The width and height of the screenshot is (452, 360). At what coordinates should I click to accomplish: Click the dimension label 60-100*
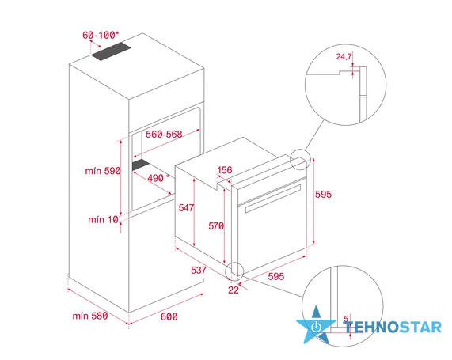(x=101, y=35)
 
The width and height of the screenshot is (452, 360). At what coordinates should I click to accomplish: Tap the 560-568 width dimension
(x=164, y=134)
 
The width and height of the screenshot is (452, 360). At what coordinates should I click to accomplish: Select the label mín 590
(x=103, y=171)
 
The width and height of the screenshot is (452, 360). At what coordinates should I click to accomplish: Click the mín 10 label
(x=103, y=220)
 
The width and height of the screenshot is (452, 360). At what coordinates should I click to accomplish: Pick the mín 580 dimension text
(x=90, y=316)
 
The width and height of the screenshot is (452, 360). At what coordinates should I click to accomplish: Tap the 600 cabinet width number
(x=169, y=316)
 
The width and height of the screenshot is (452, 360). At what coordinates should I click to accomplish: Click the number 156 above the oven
(x=225, y=170)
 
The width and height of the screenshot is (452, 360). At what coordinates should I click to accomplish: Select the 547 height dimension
(x=186, y=207)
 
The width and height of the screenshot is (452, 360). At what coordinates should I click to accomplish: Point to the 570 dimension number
(x=216, y=226)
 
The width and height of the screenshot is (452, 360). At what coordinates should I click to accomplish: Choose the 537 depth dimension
(x=199, y=270)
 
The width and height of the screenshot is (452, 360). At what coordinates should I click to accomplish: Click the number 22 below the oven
(x=234, y=290)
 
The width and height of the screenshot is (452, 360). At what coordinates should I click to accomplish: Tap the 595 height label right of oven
(x=323, y=194)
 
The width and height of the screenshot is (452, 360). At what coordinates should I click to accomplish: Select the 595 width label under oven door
(x=276, y=276)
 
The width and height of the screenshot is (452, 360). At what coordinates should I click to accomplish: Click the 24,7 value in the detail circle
(x=344, y=56)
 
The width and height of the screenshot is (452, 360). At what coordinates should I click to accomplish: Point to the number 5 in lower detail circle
(x=346, y=319)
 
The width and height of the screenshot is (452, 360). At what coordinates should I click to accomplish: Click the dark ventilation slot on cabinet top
(x=112, y=51)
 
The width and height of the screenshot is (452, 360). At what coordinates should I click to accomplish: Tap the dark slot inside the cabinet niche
(x=141, y=165)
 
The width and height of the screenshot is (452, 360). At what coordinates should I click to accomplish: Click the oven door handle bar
(x=273, y=198)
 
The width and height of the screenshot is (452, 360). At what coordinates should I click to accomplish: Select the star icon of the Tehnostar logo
(x=316, y=326)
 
